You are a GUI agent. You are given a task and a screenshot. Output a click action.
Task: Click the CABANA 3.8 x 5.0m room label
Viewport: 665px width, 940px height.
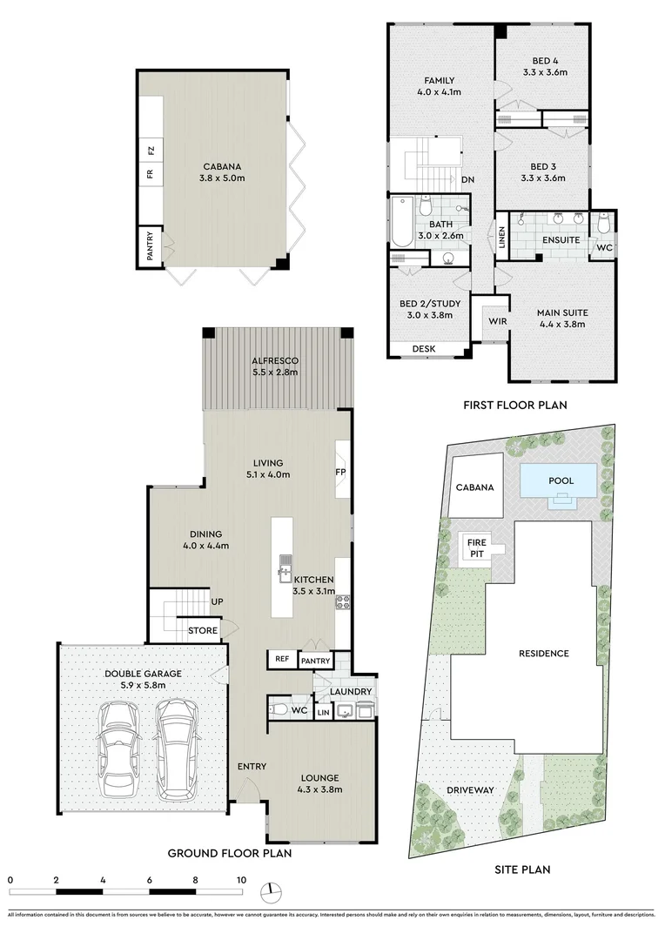click(222, 172)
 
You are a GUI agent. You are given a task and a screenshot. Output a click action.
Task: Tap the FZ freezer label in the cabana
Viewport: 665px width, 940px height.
click(151, 150)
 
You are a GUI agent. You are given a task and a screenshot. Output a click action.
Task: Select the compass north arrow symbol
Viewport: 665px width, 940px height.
click(272, 892)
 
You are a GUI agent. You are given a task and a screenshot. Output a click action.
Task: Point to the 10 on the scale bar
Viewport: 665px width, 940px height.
click(241, 879)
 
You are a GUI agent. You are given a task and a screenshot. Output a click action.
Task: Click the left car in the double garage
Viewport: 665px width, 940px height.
click(118, 749)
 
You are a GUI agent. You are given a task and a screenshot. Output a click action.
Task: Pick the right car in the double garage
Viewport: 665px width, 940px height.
click(178, 749)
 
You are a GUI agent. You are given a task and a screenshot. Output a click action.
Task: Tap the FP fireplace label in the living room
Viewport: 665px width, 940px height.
click(340, 472)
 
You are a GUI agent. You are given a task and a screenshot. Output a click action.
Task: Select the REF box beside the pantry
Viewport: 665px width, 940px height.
click(282, 659)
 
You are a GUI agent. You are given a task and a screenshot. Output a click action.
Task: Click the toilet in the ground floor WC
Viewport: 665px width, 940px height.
click(279, 710)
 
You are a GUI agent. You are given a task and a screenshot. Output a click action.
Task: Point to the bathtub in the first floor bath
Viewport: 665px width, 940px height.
click(400, 223)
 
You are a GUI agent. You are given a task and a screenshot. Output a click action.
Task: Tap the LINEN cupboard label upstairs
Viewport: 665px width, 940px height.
click(502, 237)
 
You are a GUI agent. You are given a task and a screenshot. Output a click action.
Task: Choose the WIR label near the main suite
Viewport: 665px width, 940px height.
click(498, 321)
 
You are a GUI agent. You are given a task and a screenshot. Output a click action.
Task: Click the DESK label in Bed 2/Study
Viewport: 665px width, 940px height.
click(424, 348)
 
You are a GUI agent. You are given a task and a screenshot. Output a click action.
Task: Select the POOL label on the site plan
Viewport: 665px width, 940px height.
click(561, 480)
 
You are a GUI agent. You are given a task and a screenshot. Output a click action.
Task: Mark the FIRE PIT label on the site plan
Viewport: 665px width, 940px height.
click(477, 548)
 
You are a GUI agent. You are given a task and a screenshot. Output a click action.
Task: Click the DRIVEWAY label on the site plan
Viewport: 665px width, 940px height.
click(470, 789)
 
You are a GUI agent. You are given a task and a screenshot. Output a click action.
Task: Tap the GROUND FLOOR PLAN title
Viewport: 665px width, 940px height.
click(230, 853)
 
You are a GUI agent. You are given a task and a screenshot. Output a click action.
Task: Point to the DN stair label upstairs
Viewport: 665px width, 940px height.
click(467, 179)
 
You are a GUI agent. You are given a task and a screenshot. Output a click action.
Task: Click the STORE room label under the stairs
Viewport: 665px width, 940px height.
click(203, 630)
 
